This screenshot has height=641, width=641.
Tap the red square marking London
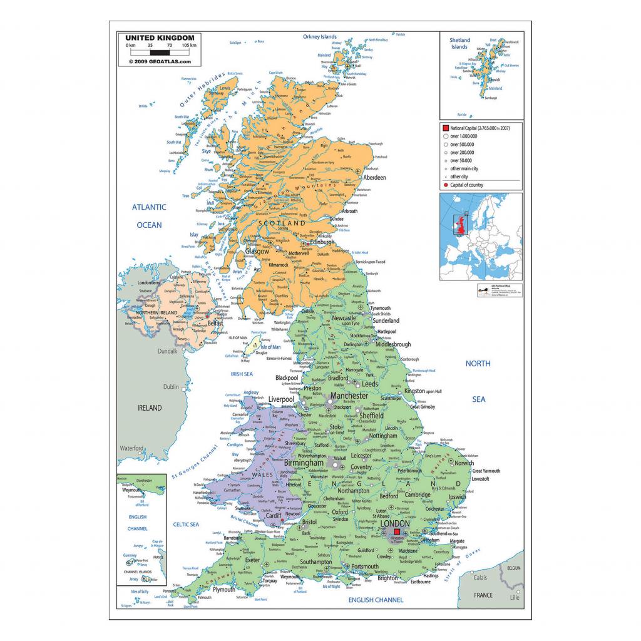pos(397,532)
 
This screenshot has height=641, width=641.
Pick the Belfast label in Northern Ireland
pos(215,324)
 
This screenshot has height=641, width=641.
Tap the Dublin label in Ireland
pos(170,387)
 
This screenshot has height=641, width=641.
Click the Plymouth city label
pos(223,590)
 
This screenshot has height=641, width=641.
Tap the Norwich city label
pos(464,463)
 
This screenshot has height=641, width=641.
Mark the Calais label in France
pos(479,578)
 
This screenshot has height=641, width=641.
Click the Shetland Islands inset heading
pos(459,43)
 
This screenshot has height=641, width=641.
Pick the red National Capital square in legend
pos(445,128)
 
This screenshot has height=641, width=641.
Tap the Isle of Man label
pos(270,347)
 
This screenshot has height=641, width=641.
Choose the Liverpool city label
pos(281,399)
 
